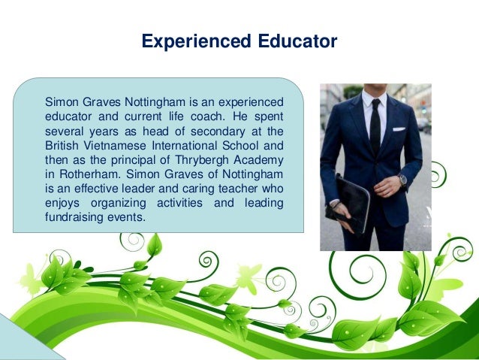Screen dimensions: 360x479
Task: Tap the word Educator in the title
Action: click(x=291, y=41)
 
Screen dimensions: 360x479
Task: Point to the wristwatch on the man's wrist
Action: click(x=402, y=180)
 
